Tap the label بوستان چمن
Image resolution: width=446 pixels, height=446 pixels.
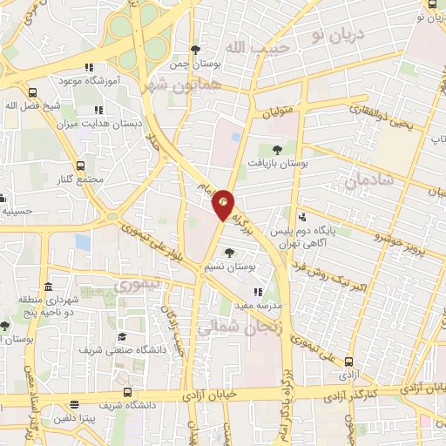194,64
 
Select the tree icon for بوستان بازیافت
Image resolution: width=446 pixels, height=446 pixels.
277,150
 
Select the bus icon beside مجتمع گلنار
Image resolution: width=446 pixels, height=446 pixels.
80,166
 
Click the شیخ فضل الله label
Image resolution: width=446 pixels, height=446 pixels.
32,106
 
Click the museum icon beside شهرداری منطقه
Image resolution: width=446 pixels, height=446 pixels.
47,287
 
